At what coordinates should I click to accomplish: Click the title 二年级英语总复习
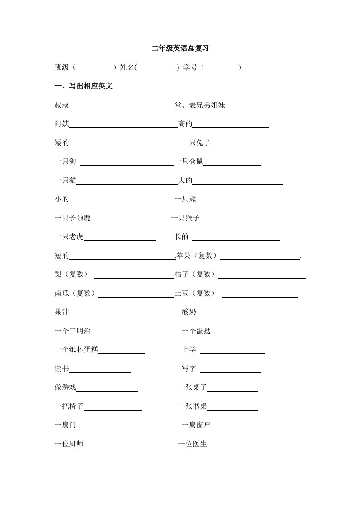[x=180, y=48]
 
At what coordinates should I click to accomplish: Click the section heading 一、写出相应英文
[x=84, y=86]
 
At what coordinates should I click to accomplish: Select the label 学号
[x=190, y=68]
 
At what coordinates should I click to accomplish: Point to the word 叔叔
[x=61, y=106]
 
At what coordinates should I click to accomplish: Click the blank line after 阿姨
[x=123, y=127]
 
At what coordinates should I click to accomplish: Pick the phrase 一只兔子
[x=196, y=143]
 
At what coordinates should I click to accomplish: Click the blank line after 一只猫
[x=127, y=184]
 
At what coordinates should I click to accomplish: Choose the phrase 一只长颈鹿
[x=72, y=219]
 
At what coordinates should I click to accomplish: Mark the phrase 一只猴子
[x=185, y=219]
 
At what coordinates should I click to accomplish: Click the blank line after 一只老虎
[x=120, y=240]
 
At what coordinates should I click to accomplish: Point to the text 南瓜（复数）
[x=75, y=294]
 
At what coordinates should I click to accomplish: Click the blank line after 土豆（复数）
[x=259, y=297]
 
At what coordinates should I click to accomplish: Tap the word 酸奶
[x=189, y=313]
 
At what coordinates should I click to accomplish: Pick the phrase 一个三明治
[x=72, y=332]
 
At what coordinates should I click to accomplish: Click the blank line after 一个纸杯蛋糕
[x=122, y=353]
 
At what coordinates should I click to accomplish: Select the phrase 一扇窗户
[x=196, y=426]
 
